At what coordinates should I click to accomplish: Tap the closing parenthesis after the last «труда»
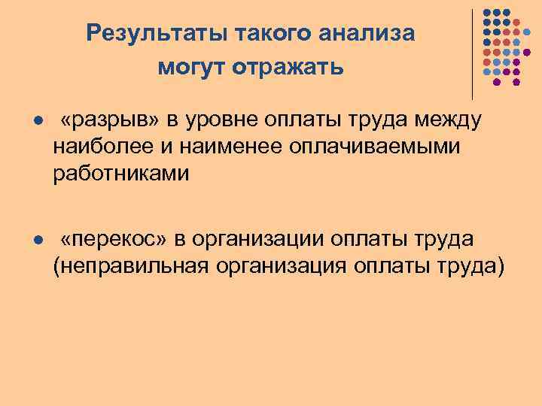coord(501,266)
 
